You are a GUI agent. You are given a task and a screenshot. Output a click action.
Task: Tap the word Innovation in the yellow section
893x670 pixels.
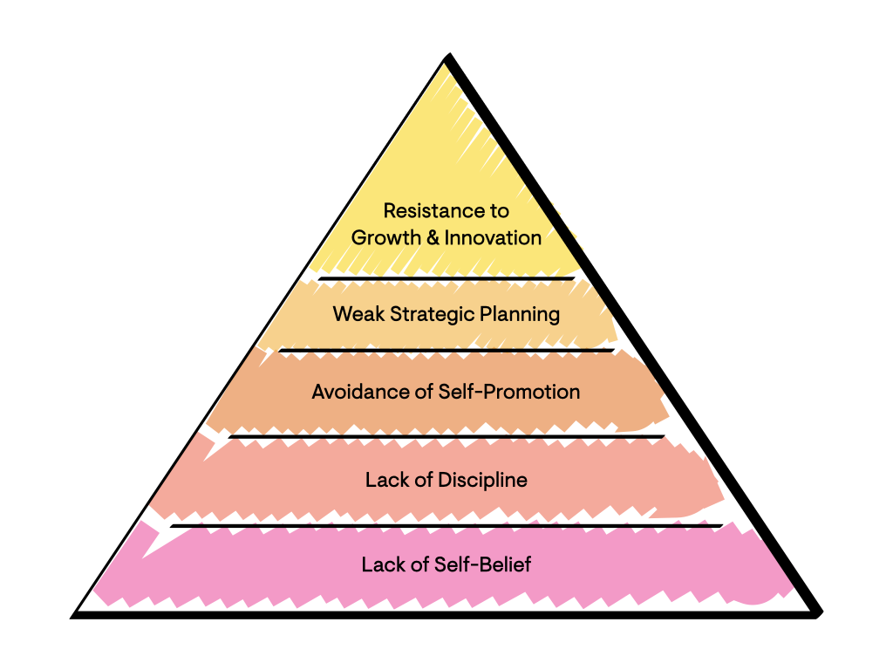[x=493, y=237]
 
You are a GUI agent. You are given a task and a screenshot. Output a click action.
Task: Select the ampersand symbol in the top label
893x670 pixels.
[x=433, y=237]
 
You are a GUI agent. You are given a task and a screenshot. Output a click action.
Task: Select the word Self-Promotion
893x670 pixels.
[x=508, y=392]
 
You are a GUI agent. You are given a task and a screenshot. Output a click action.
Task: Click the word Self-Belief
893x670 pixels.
[x=482, y=564]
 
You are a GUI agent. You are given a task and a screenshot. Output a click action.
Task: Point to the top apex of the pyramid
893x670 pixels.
[x=449, y=55]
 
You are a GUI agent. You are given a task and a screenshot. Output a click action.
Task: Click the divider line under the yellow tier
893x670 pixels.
[x=446, y=278]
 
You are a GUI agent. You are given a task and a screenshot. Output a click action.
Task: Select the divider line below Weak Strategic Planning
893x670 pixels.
[x=446, y=351]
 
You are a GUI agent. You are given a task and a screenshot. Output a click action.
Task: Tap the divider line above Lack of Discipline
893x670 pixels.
[x=446, y=437]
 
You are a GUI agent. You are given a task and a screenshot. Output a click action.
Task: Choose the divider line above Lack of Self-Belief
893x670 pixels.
[x=446, y=526]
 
